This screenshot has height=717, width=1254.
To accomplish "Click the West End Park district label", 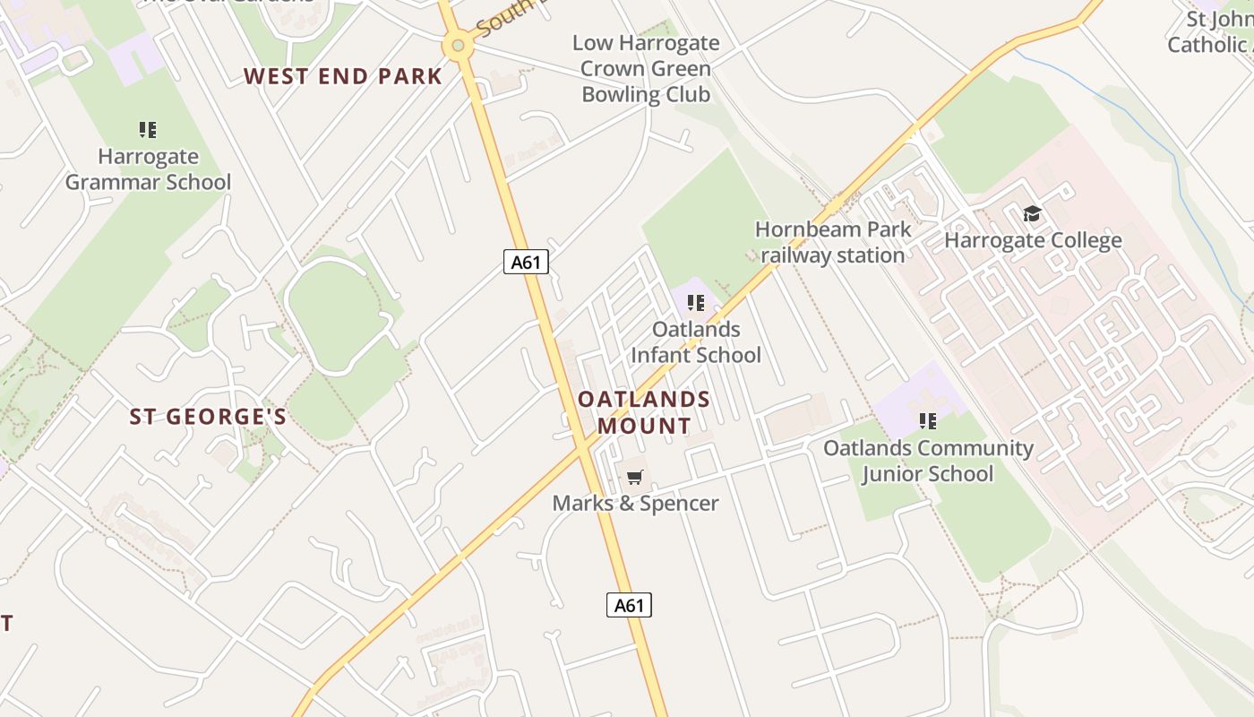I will coord(343,77).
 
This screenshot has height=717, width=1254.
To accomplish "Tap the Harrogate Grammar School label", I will coord(148,169).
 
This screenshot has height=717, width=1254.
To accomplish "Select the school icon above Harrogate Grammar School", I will coord(148,130).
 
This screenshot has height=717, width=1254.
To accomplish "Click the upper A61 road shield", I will coord(526,262).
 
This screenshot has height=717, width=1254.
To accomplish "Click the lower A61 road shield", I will coord(629,605).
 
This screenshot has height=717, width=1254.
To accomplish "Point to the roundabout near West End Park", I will coord(458,44).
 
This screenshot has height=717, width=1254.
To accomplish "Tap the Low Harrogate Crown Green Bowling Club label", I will coord(646,69).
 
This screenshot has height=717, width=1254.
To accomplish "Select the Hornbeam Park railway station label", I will coord(833,242).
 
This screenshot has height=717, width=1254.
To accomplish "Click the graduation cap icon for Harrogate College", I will coord(1032,214).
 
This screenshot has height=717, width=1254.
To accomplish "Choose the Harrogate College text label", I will coord(1033,240).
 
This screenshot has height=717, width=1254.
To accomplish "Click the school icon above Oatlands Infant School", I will coord(695,303).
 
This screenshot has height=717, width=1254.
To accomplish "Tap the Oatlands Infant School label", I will coord(696,342).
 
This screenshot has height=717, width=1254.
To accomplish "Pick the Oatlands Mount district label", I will coord(644,412).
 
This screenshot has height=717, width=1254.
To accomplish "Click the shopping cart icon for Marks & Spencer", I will coord(635,477).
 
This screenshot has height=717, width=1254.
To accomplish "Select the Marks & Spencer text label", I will coord(635,503).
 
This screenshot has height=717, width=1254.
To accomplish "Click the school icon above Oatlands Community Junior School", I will coord(928,420).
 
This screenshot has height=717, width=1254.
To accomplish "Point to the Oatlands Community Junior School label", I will coord(928,461).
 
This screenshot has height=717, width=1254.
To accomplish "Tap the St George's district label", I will coord(208,417).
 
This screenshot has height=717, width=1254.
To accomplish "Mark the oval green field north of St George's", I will coord(336,315).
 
